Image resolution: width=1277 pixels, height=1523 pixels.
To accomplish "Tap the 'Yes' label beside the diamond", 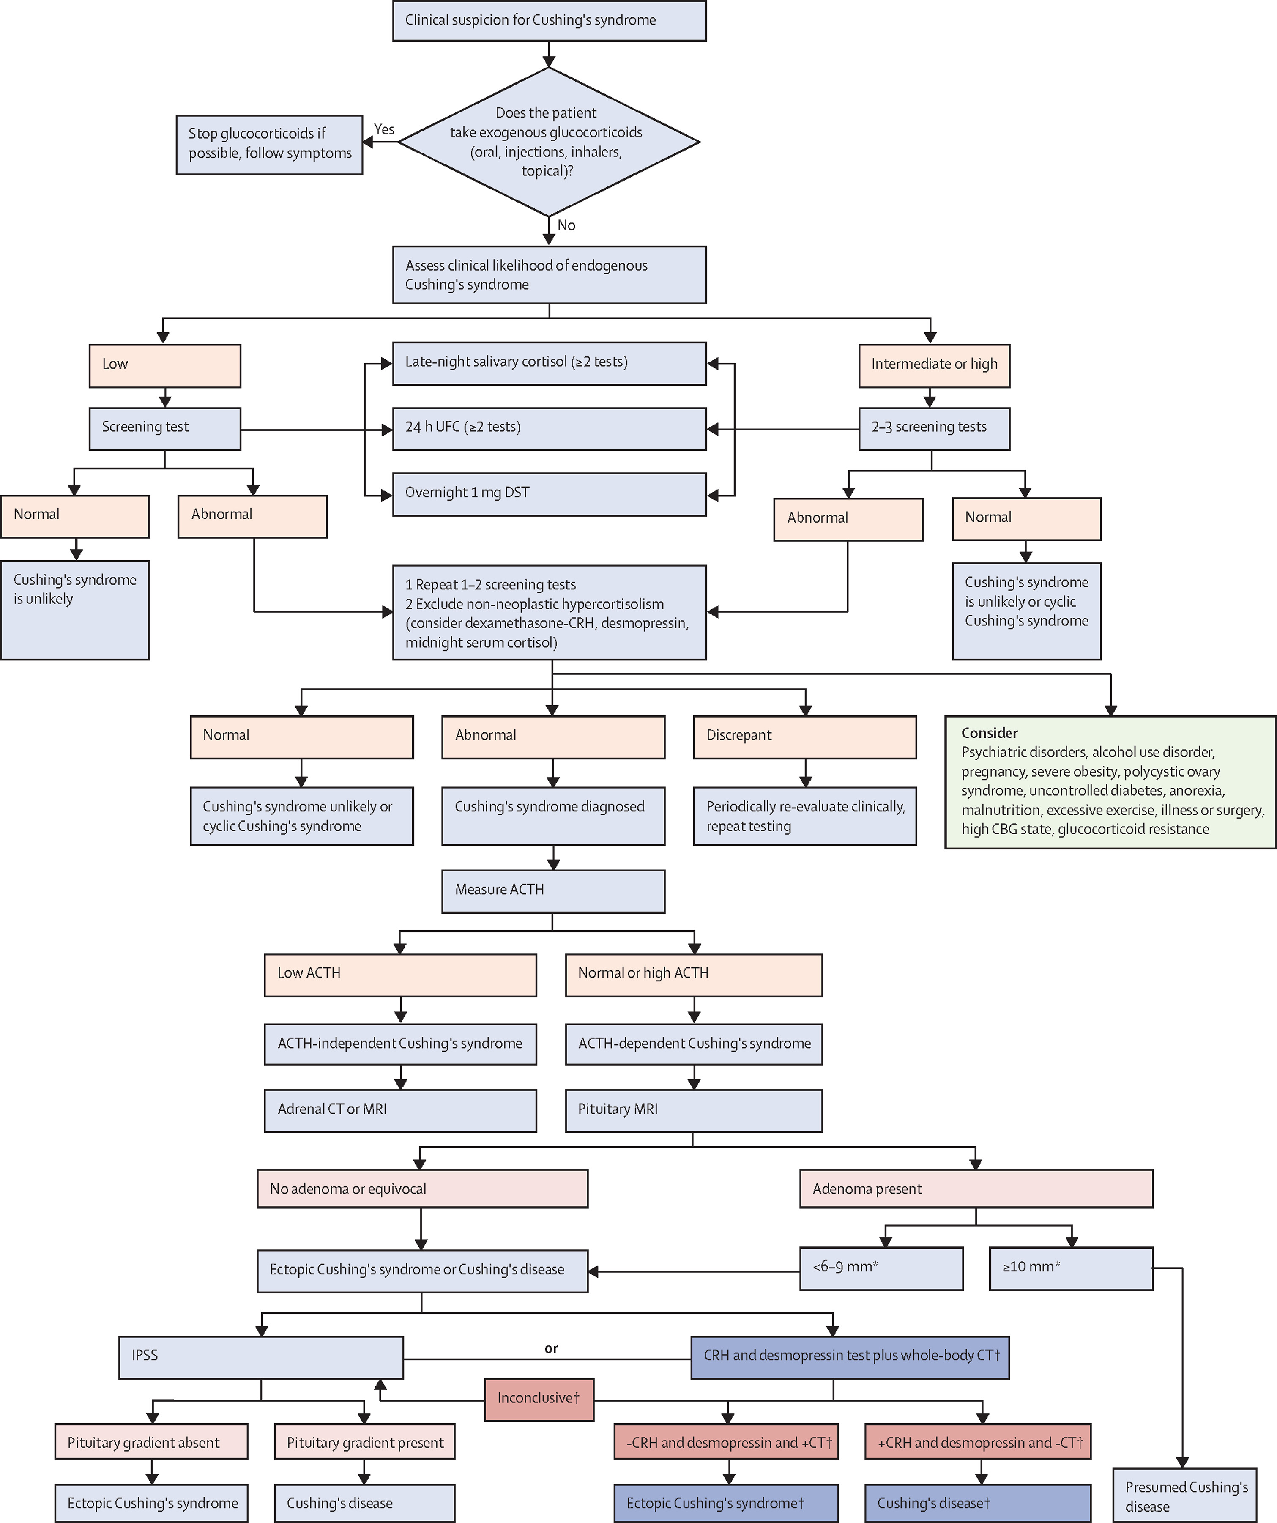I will [x=384, y=129].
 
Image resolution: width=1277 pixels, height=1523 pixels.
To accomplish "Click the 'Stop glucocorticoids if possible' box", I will [x=269, y=144].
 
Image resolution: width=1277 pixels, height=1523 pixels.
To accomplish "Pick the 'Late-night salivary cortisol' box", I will [x=549, y=363].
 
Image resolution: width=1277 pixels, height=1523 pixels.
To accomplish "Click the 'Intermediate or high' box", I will [x=934, y=365].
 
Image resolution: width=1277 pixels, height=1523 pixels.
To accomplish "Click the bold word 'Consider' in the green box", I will [x=989, y=732].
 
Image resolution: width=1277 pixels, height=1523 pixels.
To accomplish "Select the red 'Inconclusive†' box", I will [x=539, y=1399].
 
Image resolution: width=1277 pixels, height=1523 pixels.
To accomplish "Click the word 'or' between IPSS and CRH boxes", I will [x=551, y=1348].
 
